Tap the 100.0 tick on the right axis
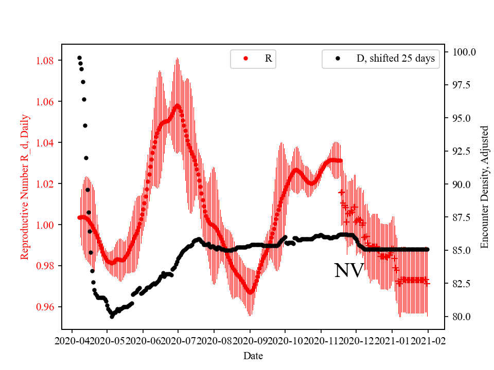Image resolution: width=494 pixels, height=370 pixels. click(x=464, y=52)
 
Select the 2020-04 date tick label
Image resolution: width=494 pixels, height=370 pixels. click(x=72, y=341)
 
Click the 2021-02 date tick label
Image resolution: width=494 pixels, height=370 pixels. click(x=428, y=341)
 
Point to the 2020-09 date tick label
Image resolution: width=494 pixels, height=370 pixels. click(x=250, y=341)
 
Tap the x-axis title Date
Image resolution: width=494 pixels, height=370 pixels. click(x=253, y=355)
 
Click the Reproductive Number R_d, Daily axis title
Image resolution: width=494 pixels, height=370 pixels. click(x=24, y=187)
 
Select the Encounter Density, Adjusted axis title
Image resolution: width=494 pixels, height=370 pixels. click(x=484, y=187)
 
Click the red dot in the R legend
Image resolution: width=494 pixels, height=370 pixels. click(x=245, y=59)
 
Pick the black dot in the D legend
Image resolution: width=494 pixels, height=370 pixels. click(x=338, y=59)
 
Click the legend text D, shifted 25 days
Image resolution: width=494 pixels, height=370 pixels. click(x=395, y=59)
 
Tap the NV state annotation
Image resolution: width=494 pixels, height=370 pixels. click(x=349, y=271)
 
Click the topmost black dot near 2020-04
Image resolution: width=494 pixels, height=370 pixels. click(x=79, y=58)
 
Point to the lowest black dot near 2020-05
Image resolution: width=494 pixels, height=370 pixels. click(x=112, y=317)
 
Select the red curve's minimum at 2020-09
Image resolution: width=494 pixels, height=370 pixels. click(x=250, y=292)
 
